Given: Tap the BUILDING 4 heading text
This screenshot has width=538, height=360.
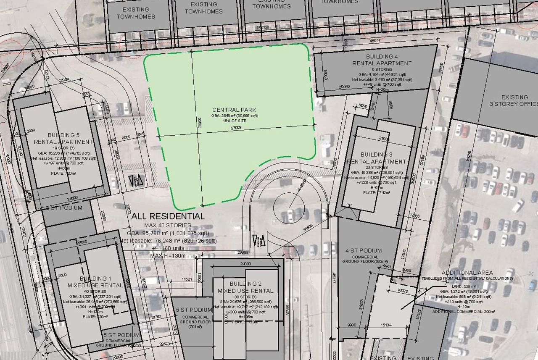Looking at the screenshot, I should tap(382, 56).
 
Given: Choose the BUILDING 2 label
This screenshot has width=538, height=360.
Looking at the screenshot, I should tap(245, 284).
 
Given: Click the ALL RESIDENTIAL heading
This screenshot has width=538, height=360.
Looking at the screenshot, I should tap(168, 217).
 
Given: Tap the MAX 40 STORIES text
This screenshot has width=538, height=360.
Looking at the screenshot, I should tap(168, 226).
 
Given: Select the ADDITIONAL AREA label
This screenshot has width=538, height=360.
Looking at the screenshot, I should tap(467, 273).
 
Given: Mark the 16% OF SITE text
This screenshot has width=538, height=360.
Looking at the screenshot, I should tap(235, 121).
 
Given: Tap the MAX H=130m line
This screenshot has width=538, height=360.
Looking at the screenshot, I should tap(168, 256).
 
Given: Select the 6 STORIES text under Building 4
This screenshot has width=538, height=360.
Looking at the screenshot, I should tap(382, 69).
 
